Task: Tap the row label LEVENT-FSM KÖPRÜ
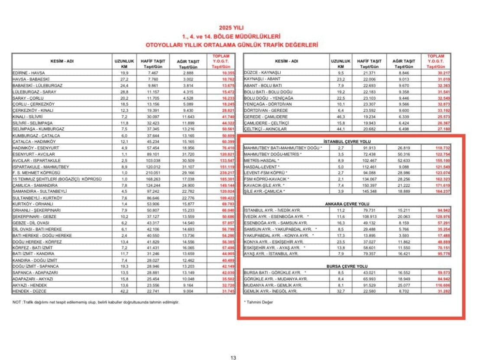coord(262,173)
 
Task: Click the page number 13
coord(233,357)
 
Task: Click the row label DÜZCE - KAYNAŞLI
coord(263,73)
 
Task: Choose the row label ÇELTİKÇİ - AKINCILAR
coord(266,129)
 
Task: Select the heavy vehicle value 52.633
coord(404,160)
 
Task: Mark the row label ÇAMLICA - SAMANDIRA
coord(35,185)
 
